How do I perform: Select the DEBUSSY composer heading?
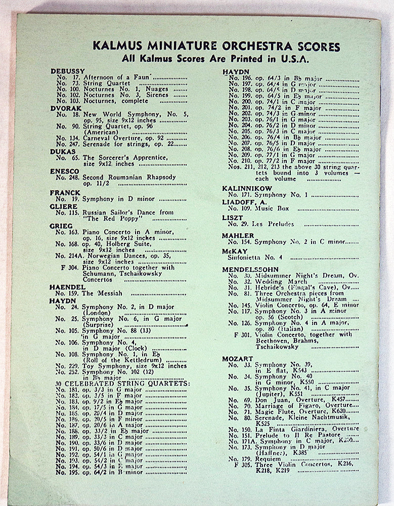(x=68, y=71)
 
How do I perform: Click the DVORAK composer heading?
(x=66, y=107)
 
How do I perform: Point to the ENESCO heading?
(x=65, y=171)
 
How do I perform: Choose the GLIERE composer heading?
(x=64, y=206)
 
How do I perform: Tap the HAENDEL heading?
(x=67, y=286)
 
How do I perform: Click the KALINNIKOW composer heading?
(x=247, y=188)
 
